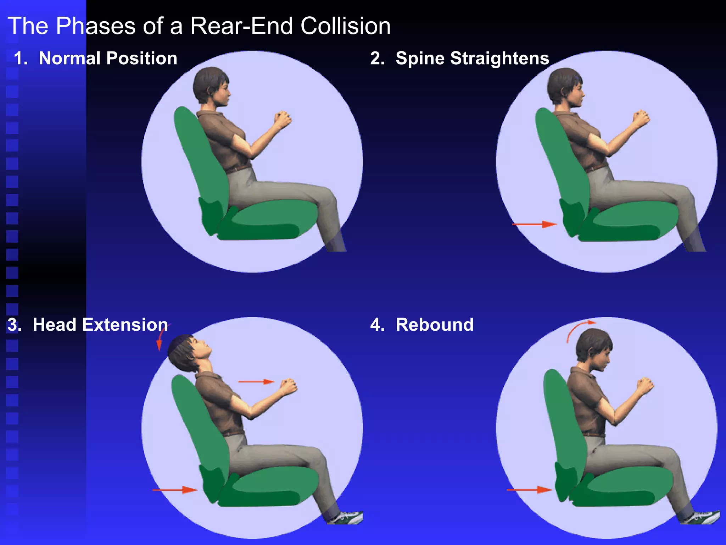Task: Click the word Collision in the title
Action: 345,26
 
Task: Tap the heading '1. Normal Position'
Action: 95,58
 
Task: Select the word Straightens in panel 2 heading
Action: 499,58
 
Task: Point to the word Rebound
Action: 434,325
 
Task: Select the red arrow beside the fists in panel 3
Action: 256,382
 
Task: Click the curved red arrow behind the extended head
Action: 162,337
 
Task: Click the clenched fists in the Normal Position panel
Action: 283,119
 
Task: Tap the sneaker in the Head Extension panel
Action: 349,517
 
